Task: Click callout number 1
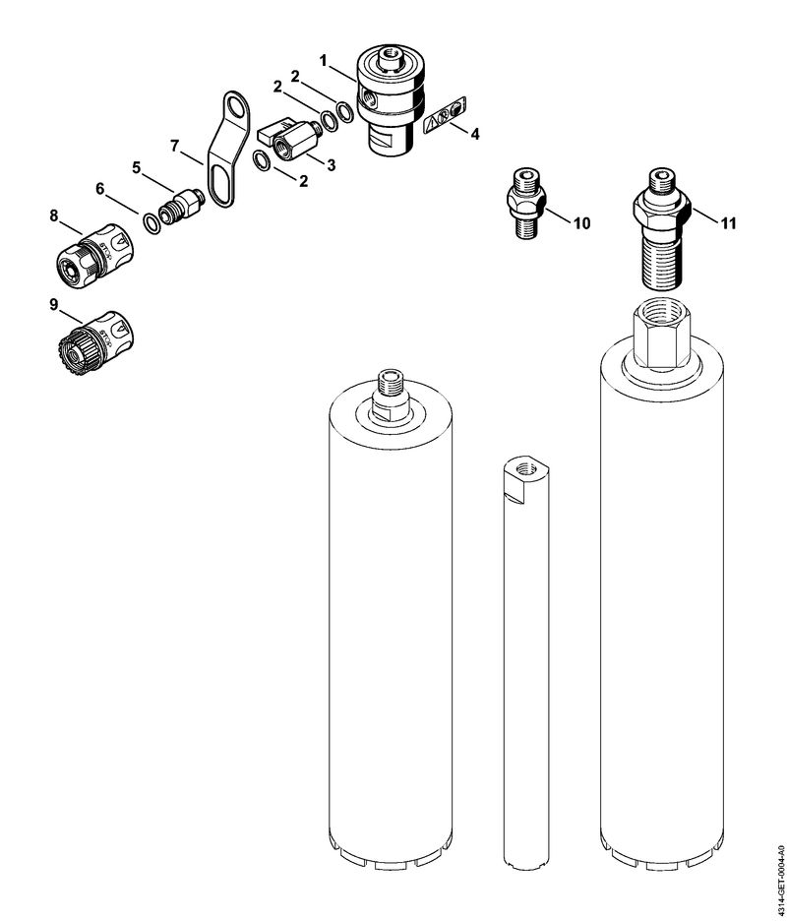coord(324,60)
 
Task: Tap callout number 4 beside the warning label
coord(474,134)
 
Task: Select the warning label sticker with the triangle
coord(446,113)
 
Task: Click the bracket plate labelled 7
coord(228,149)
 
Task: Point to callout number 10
coord(581,223)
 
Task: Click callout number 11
coord(728,223)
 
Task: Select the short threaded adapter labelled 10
coord(526,203)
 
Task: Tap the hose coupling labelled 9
coord(96,341)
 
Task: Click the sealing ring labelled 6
coord(151,223)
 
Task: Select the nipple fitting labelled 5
coord(182,207)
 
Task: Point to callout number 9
coord(53,305)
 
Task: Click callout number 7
coord(174,146)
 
